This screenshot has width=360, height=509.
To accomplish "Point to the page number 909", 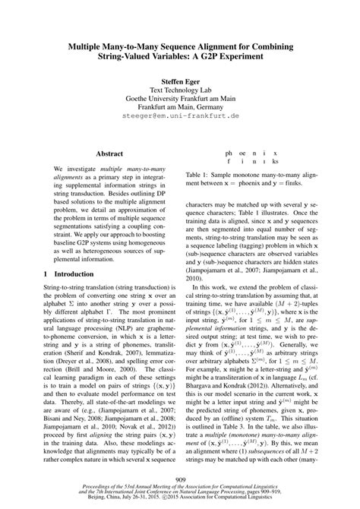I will pyautogui.click(x=180, y=479).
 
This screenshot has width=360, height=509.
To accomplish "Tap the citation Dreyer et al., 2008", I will pyautogui.click(x=68, y=388).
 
